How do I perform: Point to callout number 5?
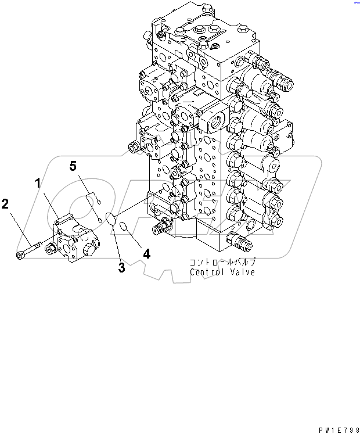coord(73,166)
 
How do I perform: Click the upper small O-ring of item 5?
coord(99,202)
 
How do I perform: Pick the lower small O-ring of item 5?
coord(100,220)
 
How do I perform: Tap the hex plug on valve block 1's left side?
coord(50,249)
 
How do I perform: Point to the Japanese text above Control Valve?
coord(223,262)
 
